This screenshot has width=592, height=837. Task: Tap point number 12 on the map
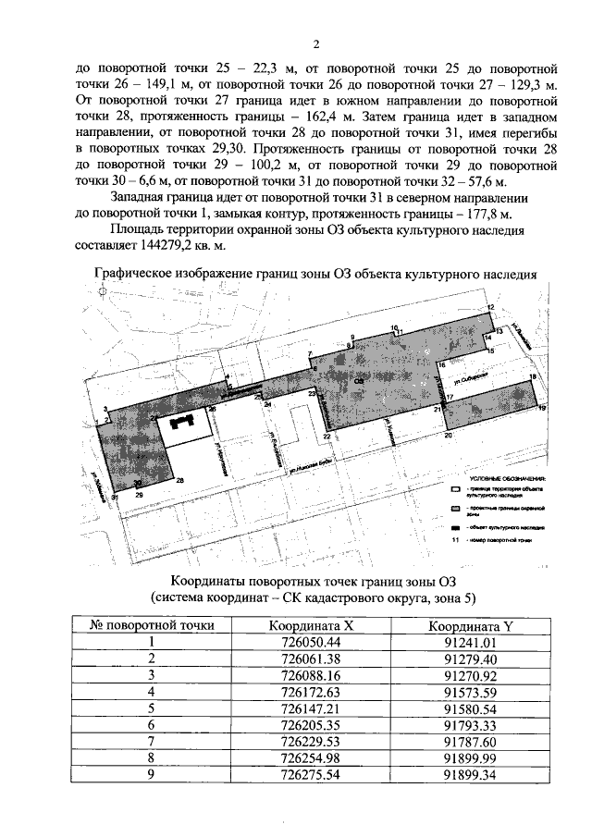(x=491, y=307)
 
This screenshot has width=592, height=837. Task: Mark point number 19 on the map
(x=542, y=408)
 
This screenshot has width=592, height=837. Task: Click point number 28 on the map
(x=180, y=480)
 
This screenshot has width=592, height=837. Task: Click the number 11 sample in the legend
(x=454, y=537)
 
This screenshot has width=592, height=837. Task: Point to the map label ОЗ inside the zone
(x=357, y=379)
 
